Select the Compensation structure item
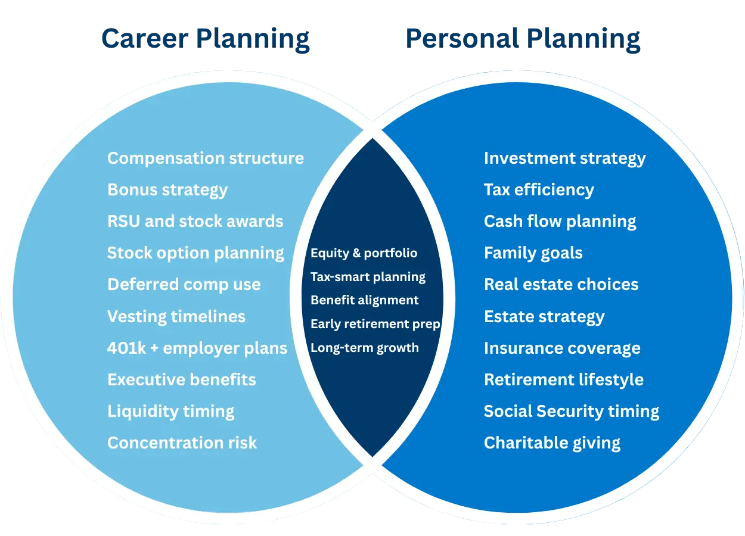pyautogui.click(x=206, y=158)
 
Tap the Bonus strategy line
pyautogui.click(x=167, y=190)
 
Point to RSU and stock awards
pyautogui.click(x=195, y=222)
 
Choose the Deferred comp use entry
pyautogui.click(x=184, y=285)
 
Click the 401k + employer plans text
pyautogui.click(x=197, y=348)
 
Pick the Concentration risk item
pyautogui.click(x=182, y=443)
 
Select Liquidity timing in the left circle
pyautogui.click(x=171, y=412)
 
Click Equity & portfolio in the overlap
pyautogui.click(x=364, y=253)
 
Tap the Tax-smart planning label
pyautogui.click(x=368, y=277)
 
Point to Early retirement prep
pyautogui.click(x=375, y=325)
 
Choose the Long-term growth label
pyautogui.click(x=365, y=348)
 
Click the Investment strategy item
pyautogui.click(x=565, y=158)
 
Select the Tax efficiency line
pyautogui.click(x=539, y=190)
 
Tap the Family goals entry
pyautogui.click(x=533, y=253)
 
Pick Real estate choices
pyautogui.click(x=561, y=285)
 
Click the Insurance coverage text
pyautogui.click(x=563, y=348)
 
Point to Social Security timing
pyautogui.click(x=572, y=412)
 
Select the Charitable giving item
pyautogui.click(x=552, y=443)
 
